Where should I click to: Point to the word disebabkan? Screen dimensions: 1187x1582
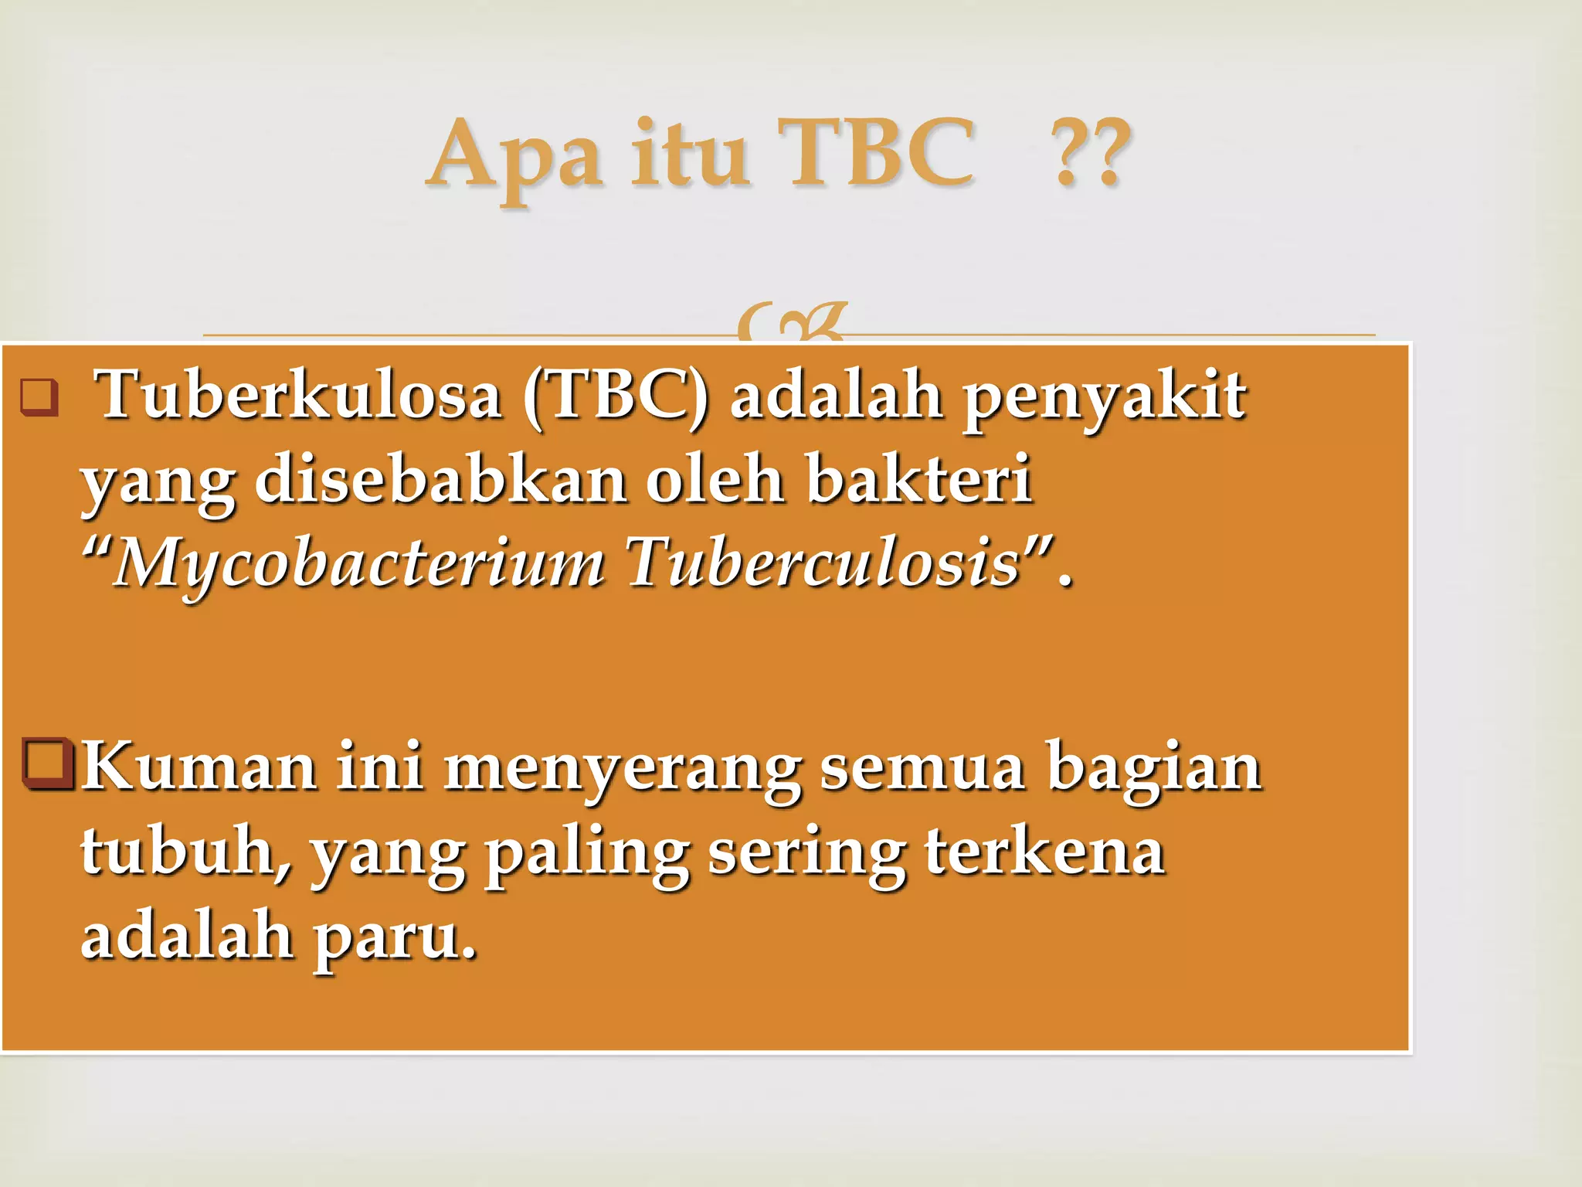pyautogui.click(x=440, y=479)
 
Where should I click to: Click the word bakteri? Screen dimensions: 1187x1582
pyautogui.click(x=918, y=479)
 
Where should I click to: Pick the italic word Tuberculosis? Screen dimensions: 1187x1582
pyautogui.click(x=824, y=562)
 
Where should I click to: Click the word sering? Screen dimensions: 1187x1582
pyautogui.click(x=806, y=855)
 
